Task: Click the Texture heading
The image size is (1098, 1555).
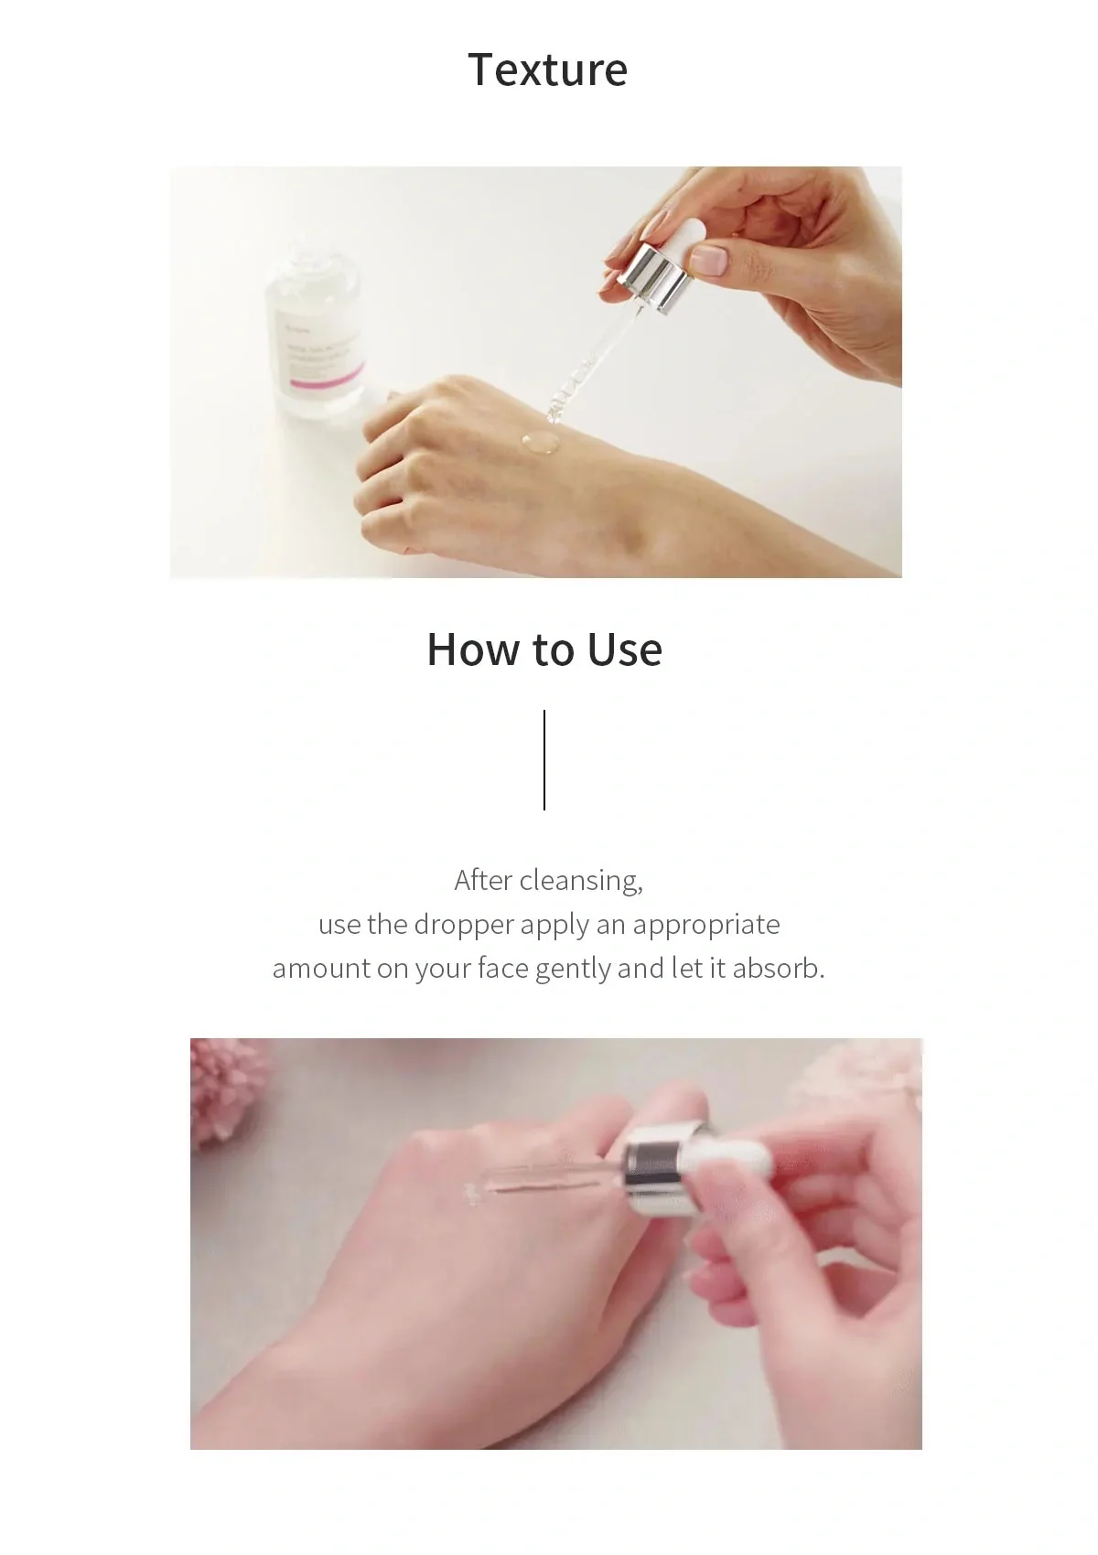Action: [547, 70]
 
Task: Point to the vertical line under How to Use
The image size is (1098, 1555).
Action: [544, 759]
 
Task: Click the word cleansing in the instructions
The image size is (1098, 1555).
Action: [580, 880]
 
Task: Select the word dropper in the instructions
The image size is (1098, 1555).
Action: [464, 925]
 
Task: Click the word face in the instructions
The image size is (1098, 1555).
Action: [502, 969]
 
